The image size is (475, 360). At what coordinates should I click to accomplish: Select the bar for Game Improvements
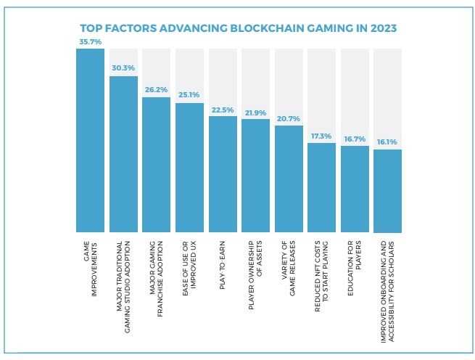(90, 138)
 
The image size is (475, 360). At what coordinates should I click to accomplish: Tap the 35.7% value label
(90, 42)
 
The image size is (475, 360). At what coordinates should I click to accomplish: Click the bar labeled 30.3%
(123, 152)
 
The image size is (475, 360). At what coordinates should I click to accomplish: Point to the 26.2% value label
(156, 91)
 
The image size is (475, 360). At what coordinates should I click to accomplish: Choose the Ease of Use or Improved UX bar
(189, 167)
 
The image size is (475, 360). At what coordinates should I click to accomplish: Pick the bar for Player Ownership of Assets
(255, 174)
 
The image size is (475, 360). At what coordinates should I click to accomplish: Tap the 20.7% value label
(289, 119)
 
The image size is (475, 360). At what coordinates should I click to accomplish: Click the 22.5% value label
(223, 110)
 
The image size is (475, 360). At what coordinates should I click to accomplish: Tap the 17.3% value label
(321, 136)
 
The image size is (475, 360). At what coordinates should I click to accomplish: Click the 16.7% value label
(355, 139)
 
